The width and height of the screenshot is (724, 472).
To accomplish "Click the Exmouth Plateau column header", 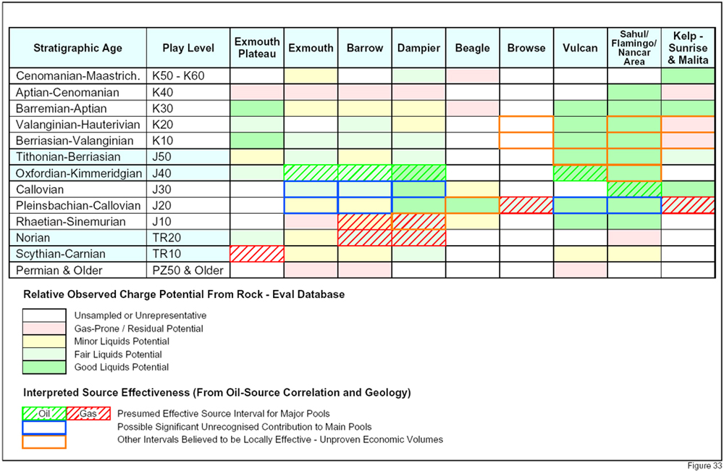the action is click(257, 48).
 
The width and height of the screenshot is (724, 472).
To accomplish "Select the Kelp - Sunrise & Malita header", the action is click(688, 48).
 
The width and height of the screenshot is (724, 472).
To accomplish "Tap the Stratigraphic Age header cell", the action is click(78, 48).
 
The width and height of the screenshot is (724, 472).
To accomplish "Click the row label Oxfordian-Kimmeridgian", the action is click(78, 173).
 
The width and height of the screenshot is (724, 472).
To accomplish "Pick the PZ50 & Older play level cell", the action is click(188, 270).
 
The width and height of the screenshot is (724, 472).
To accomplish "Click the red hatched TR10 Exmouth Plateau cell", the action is click(257, 254).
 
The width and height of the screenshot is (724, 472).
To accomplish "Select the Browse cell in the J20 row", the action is click(526, 205).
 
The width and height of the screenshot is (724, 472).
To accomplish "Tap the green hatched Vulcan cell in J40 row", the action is click(581, 173).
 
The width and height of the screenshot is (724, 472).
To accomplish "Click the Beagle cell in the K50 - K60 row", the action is click(473, 76).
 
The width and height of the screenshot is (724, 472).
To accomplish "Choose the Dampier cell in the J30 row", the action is click(418, 189).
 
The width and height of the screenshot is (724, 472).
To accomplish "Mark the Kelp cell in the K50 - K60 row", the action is click(688, 76).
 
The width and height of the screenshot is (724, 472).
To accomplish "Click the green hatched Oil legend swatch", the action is click(44, 413).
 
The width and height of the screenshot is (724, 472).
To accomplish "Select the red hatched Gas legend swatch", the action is click(88, 413).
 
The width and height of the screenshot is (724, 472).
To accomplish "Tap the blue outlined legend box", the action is click(44, 427).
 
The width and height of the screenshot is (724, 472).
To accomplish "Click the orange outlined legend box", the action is click(44, 442).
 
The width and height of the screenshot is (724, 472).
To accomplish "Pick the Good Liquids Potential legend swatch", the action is click(44, 367).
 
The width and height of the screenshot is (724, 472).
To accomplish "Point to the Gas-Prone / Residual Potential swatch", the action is click(44, 328).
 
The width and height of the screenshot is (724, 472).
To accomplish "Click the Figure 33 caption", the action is click(704, 465).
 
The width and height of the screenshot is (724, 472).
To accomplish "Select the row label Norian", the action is click(33, 238).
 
